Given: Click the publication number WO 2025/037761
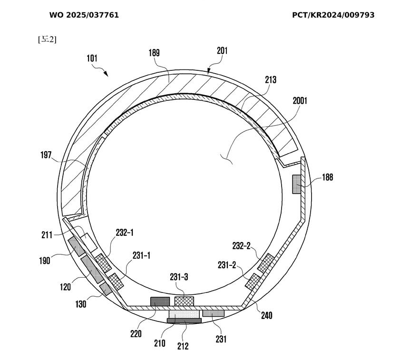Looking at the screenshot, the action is [84, 15].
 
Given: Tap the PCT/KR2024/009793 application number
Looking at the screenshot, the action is [333, 15].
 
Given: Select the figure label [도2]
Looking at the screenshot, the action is [47, 39].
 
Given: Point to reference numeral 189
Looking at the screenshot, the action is [154, 53].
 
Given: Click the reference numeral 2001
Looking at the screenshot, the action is [300, 101].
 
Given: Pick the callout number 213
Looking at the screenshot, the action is [270, 79].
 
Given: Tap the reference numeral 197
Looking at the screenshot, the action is [46, 155].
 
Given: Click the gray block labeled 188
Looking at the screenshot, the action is [296, 185].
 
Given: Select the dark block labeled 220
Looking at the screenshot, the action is [160, 302].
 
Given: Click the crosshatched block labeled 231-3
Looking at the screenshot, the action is [184, 301].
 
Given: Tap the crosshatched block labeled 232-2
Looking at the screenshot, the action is [266, 262].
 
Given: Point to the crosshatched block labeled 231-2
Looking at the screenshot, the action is [253, 282].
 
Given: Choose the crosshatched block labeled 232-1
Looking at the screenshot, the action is [103, 263].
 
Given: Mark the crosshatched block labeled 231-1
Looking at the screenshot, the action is [116, 282].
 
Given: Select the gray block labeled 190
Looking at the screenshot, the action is [77, 246].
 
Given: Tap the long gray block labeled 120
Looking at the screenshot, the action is [92, 270].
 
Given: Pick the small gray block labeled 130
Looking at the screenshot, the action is [106, 289].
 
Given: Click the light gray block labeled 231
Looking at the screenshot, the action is [214, 313].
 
